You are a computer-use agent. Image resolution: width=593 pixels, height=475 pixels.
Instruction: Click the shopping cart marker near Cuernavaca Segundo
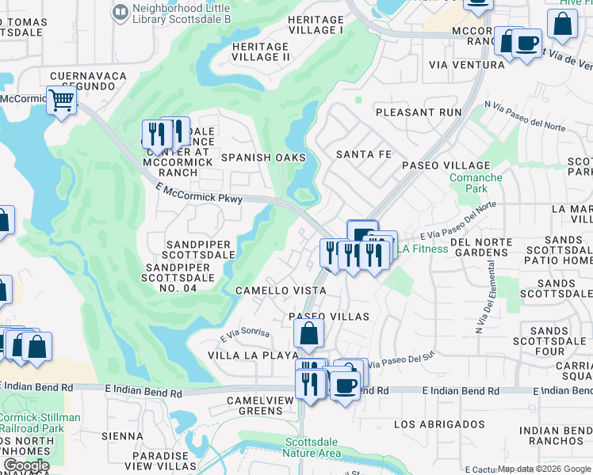tap(61, 101)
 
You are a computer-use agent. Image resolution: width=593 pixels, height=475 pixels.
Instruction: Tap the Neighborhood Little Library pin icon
tap(120, 11)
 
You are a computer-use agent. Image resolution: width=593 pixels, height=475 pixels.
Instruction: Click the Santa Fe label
tap(364, 154)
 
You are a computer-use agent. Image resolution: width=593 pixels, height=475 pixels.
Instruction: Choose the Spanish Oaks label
tap(263, 158)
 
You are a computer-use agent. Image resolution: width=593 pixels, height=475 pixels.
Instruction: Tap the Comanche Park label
tap(476, 184)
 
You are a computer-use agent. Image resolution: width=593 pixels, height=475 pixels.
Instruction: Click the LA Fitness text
tap(423, 249)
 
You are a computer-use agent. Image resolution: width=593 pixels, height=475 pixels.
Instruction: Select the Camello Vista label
tap(281, 291)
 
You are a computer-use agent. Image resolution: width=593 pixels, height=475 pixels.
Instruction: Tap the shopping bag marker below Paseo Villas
tap(308, 334)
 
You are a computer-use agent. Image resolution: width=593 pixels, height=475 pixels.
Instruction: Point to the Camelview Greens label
tap(254, 405)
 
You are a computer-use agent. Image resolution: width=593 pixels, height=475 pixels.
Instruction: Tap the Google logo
tap(25, 465)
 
